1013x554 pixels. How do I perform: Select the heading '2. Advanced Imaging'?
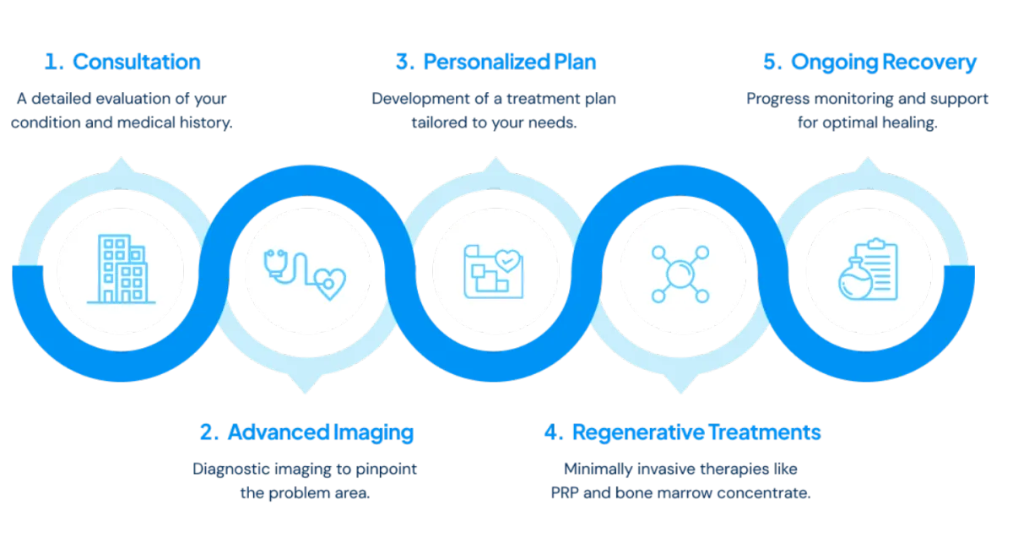tap(307, 433)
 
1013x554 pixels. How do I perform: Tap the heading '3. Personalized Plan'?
tap(495, 62)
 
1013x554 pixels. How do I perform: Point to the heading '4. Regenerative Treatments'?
tap(683, 433)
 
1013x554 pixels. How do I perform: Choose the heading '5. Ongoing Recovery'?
tap(870, 62)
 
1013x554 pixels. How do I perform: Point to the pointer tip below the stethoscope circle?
tap(307, 390)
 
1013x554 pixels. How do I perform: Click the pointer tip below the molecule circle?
tap(682, 390)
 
